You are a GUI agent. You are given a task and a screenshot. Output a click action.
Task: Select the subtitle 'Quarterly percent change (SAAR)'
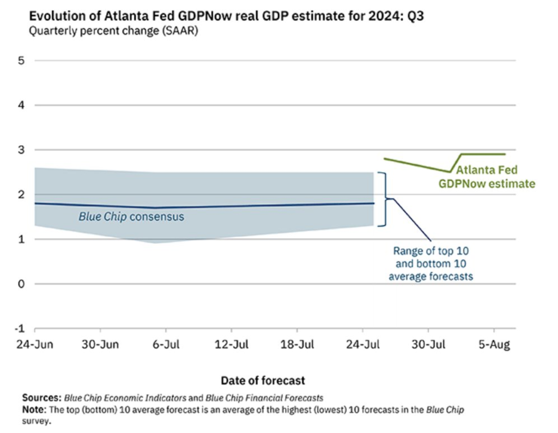click(113, 31)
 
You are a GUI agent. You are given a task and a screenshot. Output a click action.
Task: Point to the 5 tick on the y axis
click(22, 60)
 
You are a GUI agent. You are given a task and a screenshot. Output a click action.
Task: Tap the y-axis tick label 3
click(22, 150)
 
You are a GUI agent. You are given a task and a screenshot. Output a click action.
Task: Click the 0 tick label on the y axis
click(22, 284)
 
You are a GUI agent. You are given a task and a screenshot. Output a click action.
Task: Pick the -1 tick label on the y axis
click(20, 329)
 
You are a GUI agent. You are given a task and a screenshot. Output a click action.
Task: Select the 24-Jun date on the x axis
click(34, 346)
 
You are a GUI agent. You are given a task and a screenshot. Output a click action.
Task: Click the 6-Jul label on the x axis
click(166, 346)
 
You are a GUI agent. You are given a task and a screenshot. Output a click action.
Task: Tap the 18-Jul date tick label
click(297, 346)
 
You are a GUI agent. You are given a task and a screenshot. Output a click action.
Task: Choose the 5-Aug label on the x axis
click(494, 346)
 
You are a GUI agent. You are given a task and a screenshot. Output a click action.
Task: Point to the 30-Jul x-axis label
click(428, 346)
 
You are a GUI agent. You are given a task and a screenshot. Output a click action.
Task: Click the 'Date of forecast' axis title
click(263, 380)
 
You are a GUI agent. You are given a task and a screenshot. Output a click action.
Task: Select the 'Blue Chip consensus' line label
click(131, 216)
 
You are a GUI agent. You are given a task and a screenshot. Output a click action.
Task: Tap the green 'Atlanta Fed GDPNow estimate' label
click(487, 177)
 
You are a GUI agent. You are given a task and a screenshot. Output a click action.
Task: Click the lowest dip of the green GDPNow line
click(450, 172)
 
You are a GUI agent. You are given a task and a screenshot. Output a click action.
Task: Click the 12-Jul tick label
click(232, 346)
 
